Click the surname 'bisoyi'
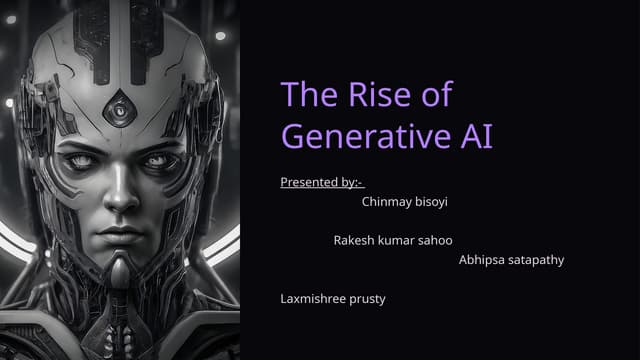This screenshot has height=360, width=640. pos(431,200)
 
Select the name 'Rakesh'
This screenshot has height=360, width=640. pos(353,241)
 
